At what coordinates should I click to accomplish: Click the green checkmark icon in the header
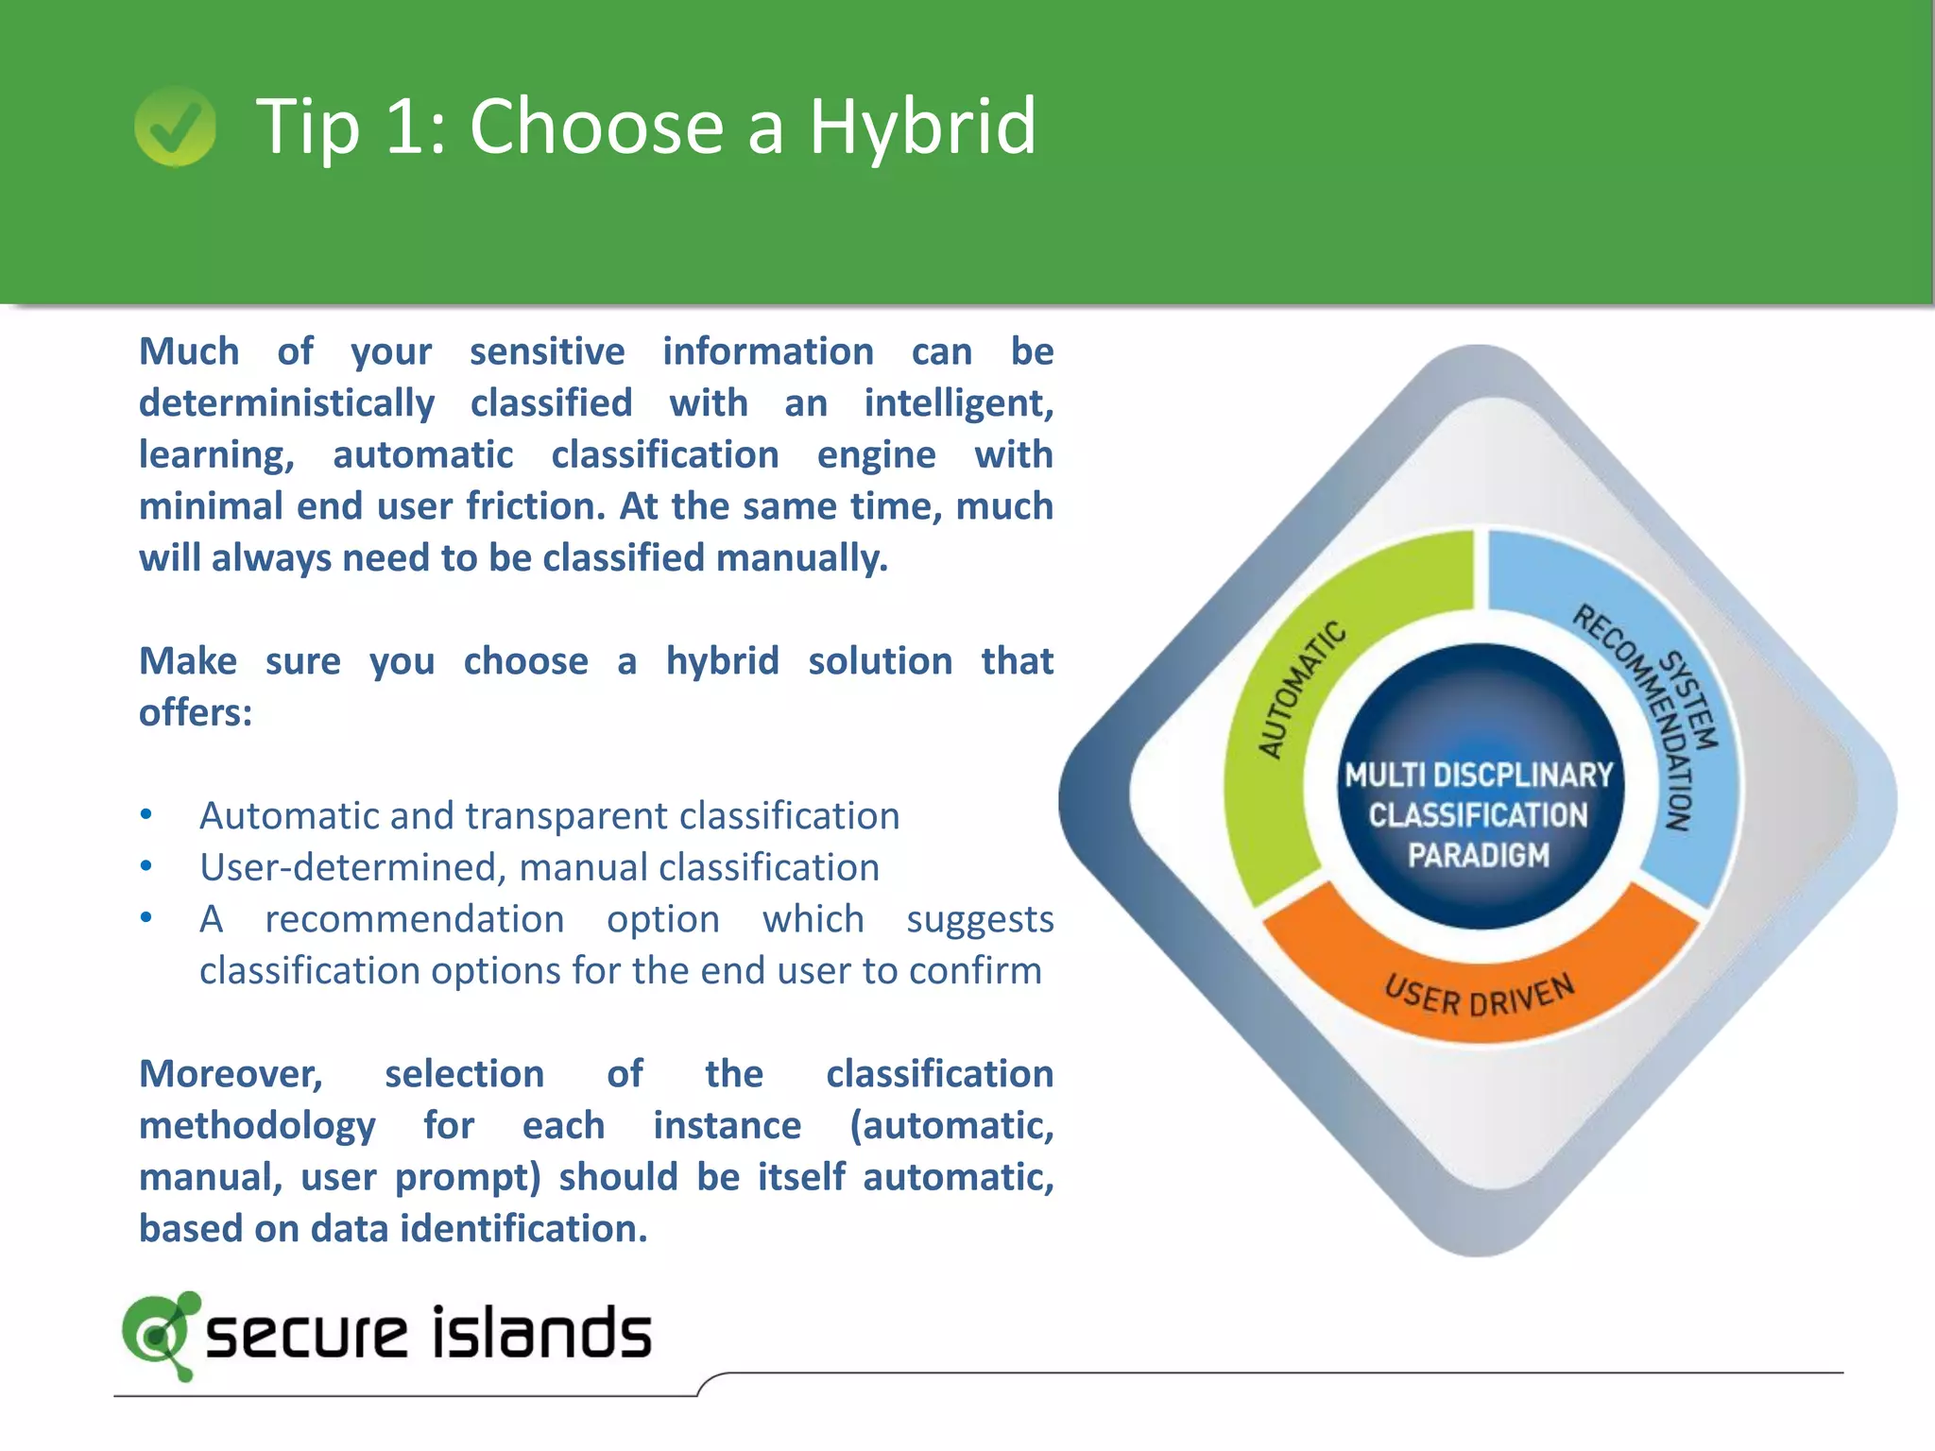point(175,127)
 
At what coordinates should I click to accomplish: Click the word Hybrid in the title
point(922,127)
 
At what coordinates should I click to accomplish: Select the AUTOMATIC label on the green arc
point(1301,689)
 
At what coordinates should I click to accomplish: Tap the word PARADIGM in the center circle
point(1479,855)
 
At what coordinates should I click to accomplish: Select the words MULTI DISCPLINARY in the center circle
point(1479,776)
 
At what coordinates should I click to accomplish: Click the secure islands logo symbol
point(161,1334)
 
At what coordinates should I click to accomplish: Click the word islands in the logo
point(542,1334)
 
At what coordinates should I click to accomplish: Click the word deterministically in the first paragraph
point(286,403)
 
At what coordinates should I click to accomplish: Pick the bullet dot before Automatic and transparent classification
point(146,814)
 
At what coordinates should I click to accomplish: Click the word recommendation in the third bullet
point(414,919)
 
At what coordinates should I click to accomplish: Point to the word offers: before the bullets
point(196,712)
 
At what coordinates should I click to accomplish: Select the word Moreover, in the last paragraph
point(231,1074)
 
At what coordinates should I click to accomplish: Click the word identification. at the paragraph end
point(523,1229)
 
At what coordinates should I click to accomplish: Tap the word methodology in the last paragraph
point(257,1126)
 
